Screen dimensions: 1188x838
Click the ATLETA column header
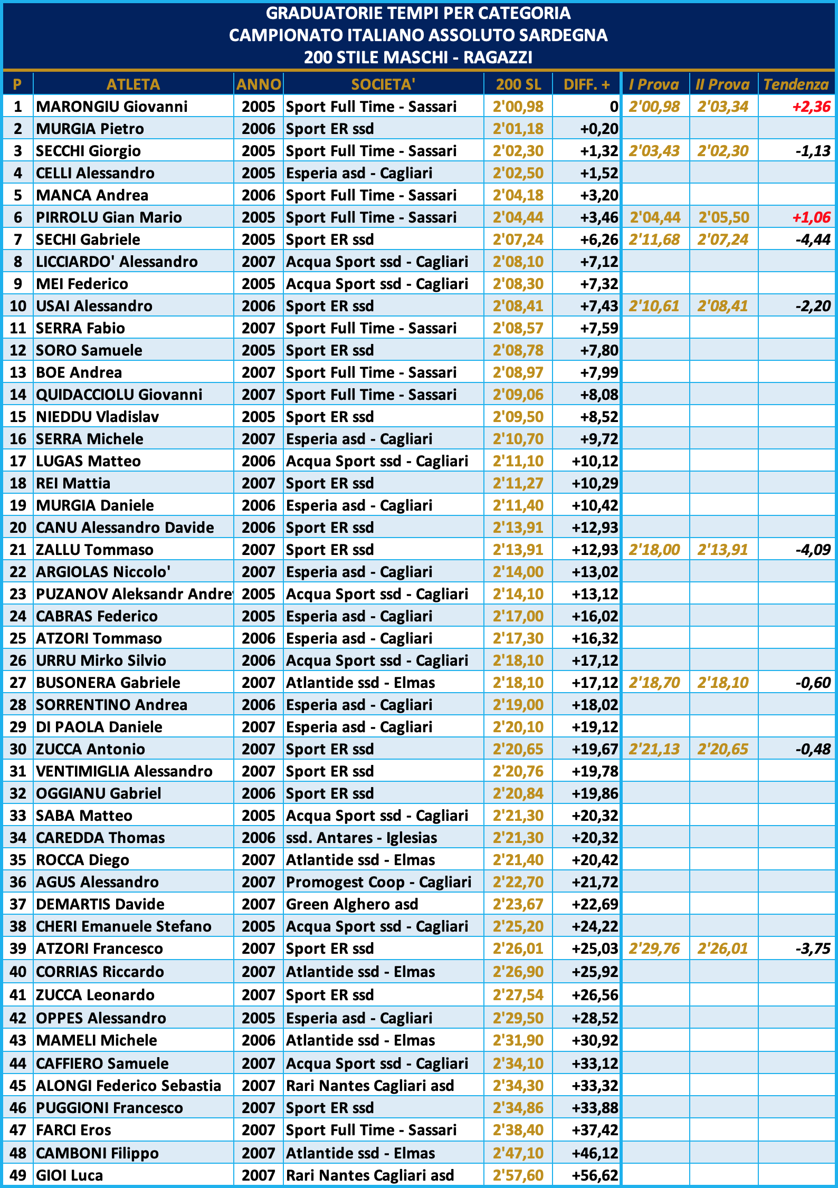133,84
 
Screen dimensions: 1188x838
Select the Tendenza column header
796,84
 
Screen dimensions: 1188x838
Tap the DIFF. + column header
586,84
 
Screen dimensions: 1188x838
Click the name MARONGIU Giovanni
112,107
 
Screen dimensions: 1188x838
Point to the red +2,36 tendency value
811,107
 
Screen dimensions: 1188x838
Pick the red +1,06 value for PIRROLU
811,217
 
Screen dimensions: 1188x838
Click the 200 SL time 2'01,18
518,129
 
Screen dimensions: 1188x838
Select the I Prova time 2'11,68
654,239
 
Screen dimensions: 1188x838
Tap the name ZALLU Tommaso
95,550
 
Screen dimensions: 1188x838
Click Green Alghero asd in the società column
352,904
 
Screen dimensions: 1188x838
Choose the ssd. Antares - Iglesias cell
361,838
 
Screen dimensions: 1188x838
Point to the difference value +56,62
595,1175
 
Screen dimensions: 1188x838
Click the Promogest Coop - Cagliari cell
378,882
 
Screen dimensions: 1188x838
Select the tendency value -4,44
813,239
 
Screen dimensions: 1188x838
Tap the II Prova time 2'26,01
722,949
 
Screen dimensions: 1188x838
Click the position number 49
18,1175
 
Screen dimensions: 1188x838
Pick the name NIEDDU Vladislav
98,417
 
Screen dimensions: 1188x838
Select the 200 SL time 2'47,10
518,1153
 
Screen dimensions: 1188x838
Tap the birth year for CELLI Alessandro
259,173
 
